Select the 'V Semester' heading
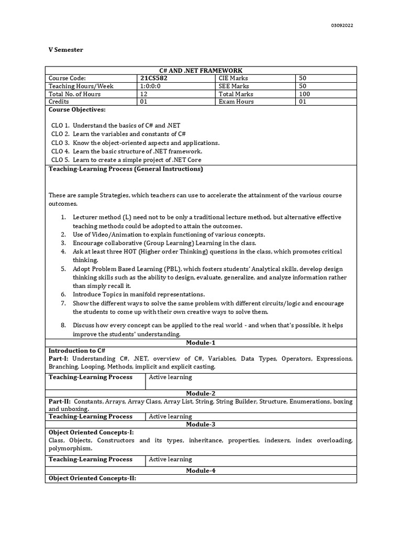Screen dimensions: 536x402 point(65,50)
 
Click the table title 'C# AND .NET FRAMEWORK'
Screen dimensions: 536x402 point(200,71)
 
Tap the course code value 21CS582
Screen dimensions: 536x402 point(154,79)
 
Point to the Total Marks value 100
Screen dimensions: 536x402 point(304,94)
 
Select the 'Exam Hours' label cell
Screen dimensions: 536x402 point(236,102)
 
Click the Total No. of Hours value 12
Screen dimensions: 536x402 point(143,94)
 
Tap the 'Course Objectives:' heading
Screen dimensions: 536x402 point(77,110)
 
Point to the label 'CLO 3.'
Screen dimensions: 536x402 point(60,142)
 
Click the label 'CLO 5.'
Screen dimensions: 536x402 point(60,160)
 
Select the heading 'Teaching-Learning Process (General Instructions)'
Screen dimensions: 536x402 point(126,169)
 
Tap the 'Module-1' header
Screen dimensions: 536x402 point(200,343)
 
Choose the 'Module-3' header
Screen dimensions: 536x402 point(200,424)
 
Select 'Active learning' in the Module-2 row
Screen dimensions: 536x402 point(170,417)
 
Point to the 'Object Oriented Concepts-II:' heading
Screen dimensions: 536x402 point(92,478)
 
